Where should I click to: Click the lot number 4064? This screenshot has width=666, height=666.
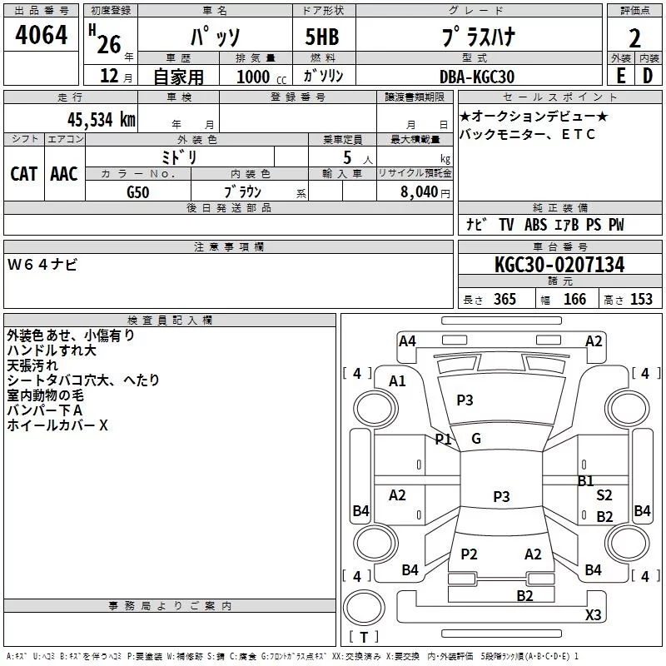(41, 34)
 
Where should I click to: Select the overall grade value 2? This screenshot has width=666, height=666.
(634, 38)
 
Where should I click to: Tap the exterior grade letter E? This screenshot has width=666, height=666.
(621, 76)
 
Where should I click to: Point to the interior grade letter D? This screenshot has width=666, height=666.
(648, 76)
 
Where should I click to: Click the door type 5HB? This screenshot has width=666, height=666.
(322, 37)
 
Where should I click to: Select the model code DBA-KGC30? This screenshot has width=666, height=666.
(476, 77)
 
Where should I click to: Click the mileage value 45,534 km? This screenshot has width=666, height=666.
(101, 120)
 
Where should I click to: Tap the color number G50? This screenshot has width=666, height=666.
(138, 192)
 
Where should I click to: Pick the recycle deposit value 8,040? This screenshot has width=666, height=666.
(419, 192)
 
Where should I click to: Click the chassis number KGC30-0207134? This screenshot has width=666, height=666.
(559, 265)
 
